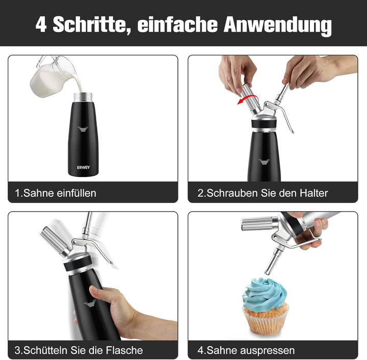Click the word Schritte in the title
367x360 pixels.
(x=90, y=25)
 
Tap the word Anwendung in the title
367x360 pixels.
(x=278, y=25)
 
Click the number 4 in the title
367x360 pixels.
(x=41, y=24)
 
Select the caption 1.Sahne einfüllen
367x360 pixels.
(x=56, y=193)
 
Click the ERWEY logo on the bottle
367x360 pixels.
(x=83, y=167)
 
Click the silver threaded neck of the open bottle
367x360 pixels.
(x=83, y=97)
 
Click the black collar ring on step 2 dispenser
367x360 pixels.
(x=264, y=124)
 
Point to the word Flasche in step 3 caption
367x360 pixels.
(x=124, y=350)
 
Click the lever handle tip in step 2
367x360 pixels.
(x=293, y=132)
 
